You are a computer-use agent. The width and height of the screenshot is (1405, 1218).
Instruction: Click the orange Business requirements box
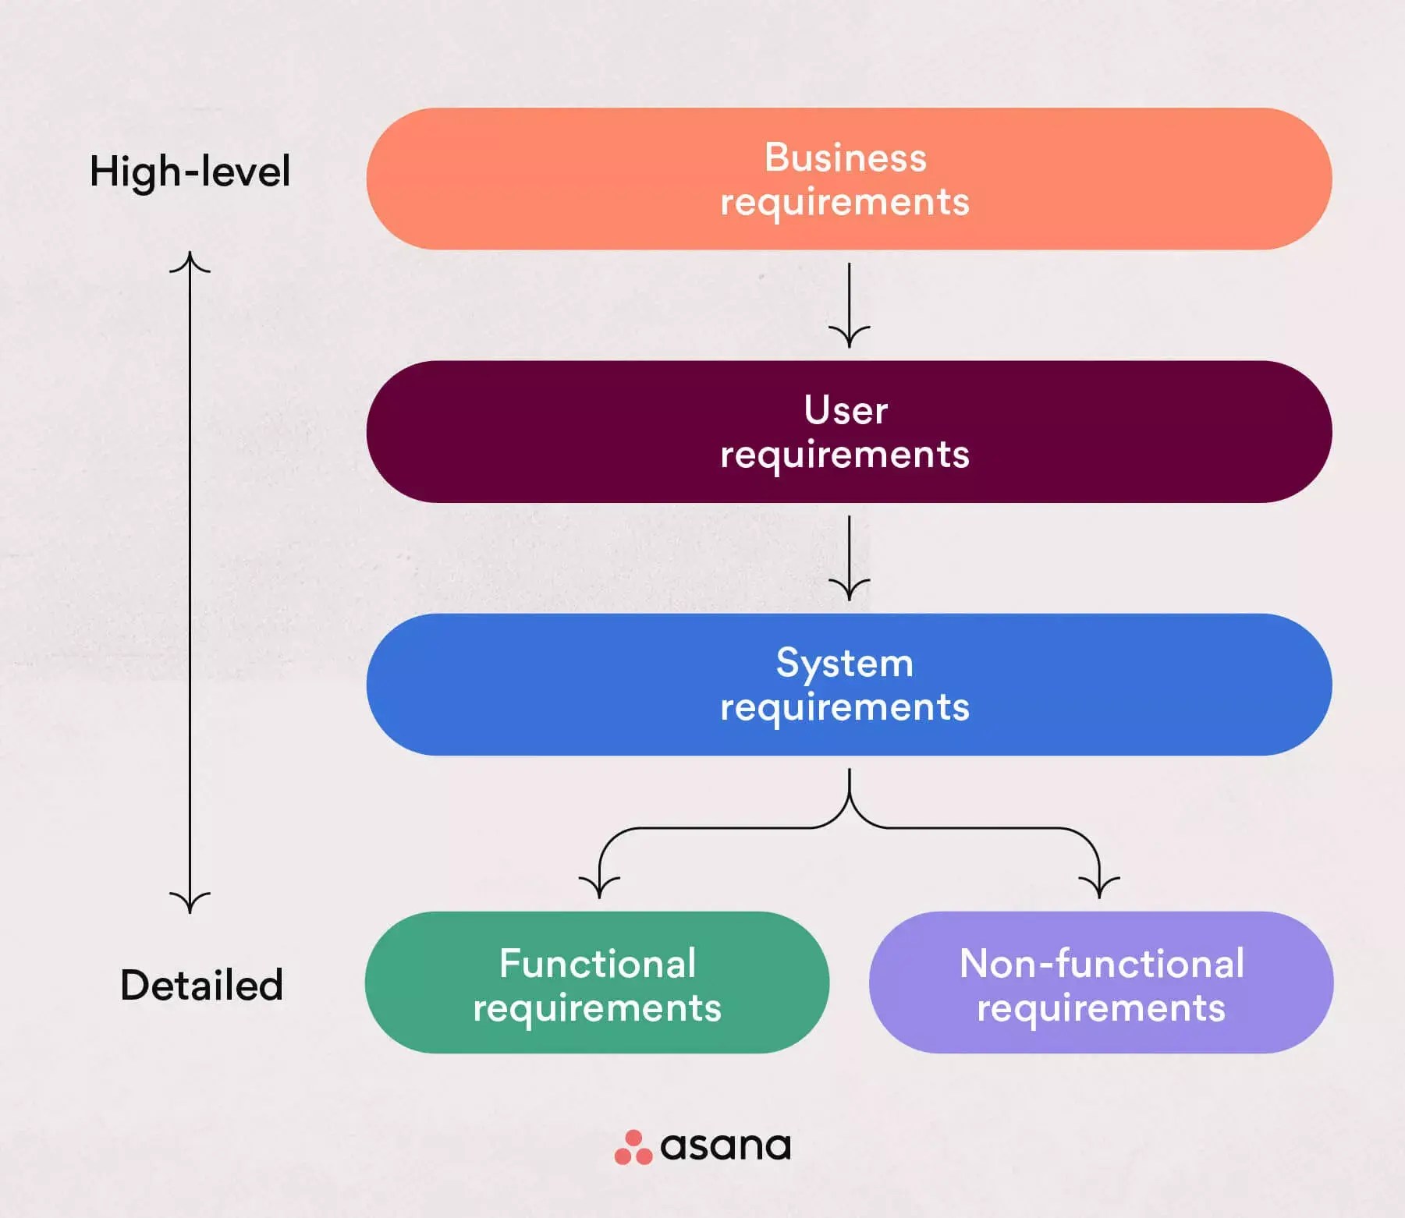(849, 179)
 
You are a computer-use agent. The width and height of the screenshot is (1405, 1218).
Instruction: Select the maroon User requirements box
(849, 431)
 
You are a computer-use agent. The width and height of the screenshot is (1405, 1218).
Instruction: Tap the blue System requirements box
(849, 684)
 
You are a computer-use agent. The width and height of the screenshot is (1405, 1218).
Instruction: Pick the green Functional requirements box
(597, 983)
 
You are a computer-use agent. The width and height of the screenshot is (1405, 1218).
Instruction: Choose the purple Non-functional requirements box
(1101, 983)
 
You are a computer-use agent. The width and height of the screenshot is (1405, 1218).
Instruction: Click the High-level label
(190, 172)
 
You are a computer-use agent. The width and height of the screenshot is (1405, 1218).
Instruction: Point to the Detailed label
(201, 985)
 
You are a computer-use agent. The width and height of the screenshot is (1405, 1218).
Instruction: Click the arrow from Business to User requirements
(849, 305)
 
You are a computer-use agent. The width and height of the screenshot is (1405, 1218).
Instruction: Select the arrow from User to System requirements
(849, 558)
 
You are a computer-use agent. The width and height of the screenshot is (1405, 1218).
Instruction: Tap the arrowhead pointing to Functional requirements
(599, 887)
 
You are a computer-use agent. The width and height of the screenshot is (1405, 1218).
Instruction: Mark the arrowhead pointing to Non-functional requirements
(1099, 887)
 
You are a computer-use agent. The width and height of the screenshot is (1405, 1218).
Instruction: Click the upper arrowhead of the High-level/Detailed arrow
(190, 262)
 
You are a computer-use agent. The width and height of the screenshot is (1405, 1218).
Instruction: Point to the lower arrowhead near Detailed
(190, 902)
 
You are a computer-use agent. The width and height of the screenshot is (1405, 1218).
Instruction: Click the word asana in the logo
(726, 1146)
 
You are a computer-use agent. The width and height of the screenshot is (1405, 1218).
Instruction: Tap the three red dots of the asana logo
(633, 1147)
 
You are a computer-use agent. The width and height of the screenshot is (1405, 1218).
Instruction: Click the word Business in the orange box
(846, 158)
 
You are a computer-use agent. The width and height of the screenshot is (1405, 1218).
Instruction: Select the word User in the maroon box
(846, 410)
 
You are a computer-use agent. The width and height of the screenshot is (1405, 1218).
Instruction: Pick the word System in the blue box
(845, 664)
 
